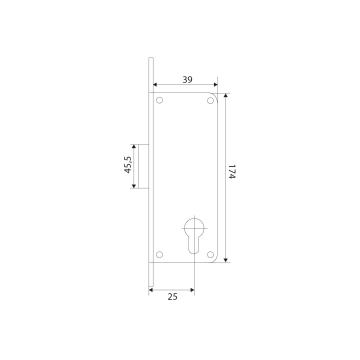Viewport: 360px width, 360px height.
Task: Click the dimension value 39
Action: pos(187,79)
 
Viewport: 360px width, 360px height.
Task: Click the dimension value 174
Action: pos(232,171)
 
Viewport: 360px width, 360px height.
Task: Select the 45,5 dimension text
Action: pos(128,164)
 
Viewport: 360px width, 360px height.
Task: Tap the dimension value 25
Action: pos(172,297)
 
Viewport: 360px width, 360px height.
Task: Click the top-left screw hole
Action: pos(159,100)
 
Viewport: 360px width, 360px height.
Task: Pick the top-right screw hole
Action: pos(210,100)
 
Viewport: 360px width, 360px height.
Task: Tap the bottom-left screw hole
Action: pos(159,254)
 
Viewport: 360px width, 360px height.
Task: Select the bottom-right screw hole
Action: pos(210,254)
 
